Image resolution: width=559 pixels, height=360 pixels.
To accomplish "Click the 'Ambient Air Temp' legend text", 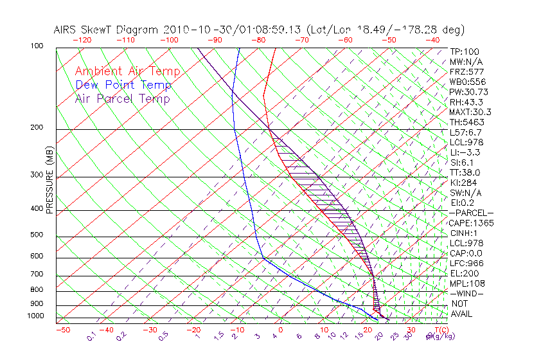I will [127, 71].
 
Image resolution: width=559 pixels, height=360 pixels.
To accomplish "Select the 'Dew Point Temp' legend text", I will [123, 85].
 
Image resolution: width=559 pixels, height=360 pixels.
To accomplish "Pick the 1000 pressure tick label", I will [36, 316].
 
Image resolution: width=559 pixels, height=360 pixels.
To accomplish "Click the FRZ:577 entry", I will [467, 71].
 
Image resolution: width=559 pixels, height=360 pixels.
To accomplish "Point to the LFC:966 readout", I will [467, 264].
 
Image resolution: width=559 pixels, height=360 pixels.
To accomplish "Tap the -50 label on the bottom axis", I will [62, 330].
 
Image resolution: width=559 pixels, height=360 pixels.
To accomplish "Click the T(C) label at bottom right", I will [437, 330].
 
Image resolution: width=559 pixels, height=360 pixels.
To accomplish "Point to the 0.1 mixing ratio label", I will [91, 336].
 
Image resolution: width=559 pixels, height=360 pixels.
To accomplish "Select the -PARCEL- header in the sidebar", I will [471, 213].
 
